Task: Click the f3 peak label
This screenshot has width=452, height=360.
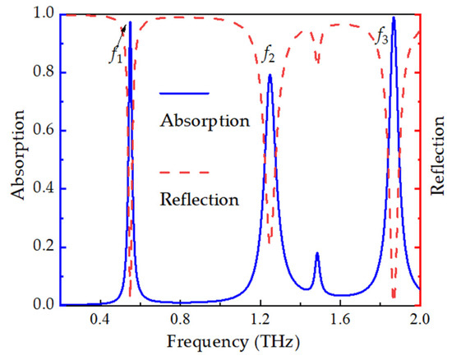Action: tap(382, 35)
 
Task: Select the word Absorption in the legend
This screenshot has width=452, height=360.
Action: tap(204, 121)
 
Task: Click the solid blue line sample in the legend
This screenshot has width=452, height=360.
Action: tap(185, 93)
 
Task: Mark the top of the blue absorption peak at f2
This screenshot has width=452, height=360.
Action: tap(270, 75)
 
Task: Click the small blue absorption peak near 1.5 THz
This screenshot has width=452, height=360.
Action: tap(317, 254)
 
